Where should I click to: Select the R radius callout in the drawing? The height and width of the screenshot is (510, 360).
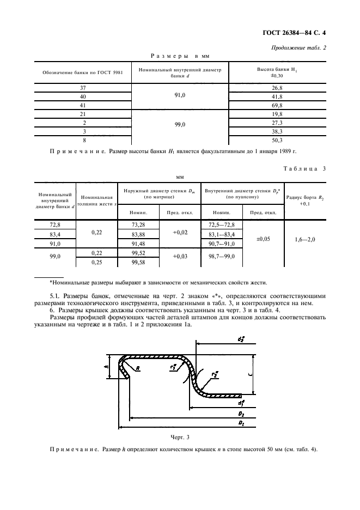tap(138, 368)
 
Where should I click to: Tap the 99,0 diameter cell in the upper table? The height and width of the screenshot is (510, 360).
tap(179, 124)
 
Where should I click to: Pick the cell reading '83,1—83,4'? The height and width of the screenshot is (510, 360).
tap(221, 233)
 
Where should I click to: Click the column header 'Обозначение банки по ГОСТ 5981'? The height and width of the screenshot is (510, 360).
tap(83, 73)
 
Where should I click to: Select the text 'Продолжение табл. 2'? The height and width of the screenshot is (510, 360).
tap(298, 48)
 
